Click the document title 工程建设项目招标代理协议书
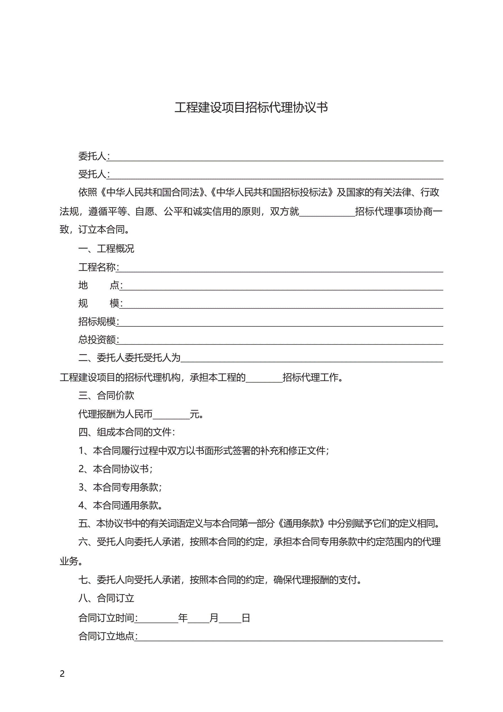pyautogui.click(x=251, y=108)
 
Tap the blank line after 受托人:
pyautogui.click(x=276, y=176)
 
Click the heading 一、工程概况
pyautogui.click(x=106, y=248)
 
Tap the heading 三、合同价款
pyautogui.click(x=106, y=395)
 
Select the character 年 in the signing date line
pyautogui.click(x=183, y=618)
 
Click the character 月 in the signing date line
pyautogui.click(x=214, y=618)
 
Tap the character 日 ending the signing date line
pyautogui.click(x=246, y=618)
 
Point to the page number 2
pyautogui.click(x=62, y=674)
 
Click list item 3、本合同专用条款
pyautogui.click(x=120, y=487)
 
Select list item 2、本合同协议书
pyautogui.click(x=115, y=469)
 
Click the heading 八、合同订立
pyautogui.click(x=106, y=598)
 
